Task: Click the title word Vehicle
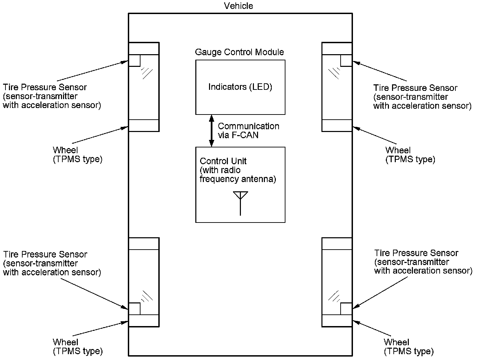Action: pos(238,6)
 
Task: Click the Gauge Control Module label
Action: pos(239,52)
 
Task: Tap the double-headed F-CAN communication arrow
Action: pos(211,131)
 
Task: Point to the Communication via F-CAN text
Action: pos(248,131)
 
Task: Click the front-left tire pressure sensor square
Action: pos(134,61)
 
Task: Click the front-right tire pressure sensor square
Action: pos(346,61)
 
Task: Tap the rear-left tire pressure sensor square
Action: pos(134,309)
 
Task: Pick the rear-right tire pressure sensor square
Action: pos(346,309)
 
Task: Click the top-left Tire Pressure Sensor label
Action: pos(51,96)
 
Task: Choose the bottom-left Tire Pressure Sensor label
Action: pos(52,263)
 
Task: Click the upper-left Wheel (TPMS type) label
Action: pos(77,155)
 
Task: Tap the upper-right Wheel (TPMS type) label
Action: pos(410,155)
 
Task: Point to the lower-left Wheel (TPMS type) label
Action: pos(77,347)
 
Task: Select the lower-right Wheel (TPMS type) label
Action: pos(408,347)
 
